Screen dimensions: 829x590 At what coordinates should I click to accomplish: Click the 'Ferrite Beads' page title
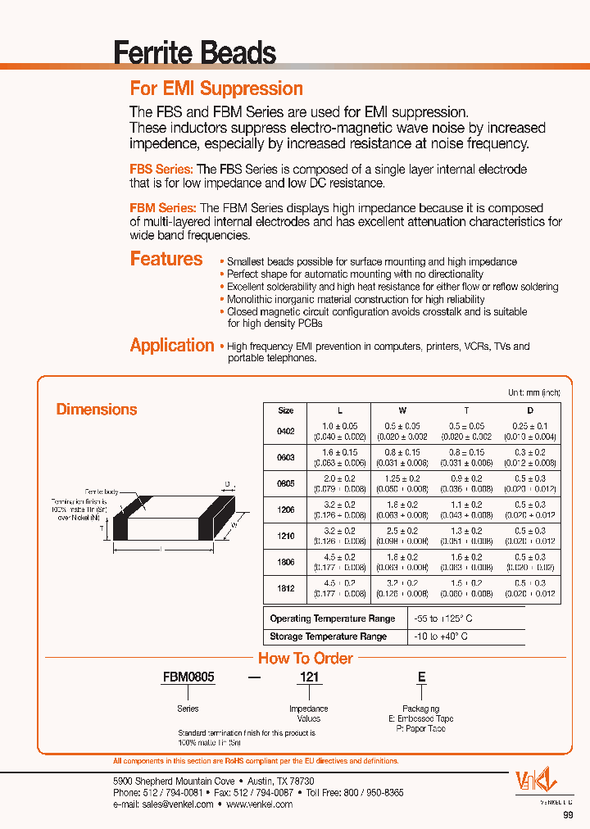tap(195, 53)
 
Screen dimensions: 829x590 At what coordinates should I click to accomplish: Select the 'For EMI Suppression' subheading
tap(216, 88)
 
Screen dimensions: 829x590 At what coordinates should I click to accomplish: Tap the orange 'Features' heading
tap(166, 259)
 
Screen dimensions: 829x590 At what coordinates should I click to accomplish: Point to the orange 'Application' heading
tap(172, 345)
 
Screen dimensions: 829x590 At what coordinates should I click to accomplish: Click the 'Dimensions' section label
tap(97, 409)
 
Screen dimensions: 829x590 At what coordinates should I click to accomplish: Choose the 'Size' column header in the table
tap(286, 410)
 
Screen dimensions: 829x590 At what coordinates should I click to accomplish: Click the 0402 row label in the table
tap(286, 431)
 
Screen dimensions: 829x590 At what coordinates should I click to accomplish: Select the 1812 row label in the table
tap(286, 588)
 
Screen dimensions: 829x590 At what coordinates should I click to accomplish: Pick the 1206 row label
tap(286, 510)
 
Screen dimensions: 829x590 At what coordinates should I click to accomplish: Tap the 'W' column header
tap(402, 410)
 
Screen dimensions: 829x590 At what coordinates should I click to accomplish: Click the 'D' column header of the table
tap(530, 410)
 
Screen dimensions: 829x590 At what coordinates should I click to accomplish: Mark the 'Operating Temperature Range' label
tap(333, 618)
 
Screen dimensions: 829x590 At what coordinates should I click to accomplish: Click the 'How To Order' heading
tap(306, 658)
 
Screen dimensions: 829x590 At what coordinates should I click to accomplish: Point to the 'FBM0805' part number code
tap(188, 678)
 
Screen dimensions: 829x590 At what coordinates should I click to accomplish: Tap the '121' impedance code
tap(309, 678)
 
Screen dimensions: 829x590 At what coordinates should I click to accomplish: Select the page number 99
tap(568, 815)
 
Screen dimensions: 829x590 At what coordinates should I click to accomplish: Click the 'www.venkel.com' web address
tap(260, 804)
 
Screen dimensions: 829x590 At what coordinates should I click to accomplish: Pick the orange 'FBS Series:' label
tap(161, 169)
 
